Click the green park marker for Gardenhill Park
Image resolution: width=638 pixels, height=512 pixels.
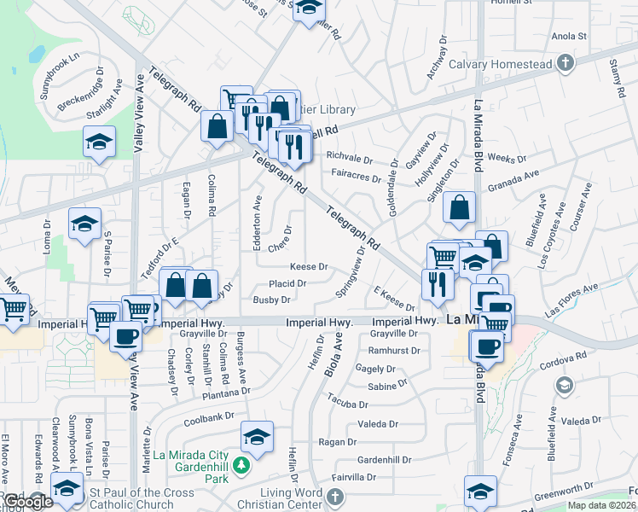(x=241, y=465)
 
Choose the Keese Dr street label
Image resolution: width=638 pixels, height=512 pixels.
(x=309, y=266)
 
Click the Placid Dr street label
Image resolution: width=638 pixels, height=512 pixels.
(x=287, y=282)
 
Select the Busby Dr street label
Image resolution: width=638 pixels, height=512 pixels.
(x=271, y=300)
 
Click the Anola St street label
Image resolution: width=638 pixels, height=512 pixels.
(x=570, y=37)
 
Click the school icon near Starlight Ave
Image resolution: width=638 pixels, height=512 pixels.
(x=99, y=141)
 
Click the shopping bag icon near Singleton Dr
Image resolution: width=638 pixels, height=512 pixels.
(x=459, y=207)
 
